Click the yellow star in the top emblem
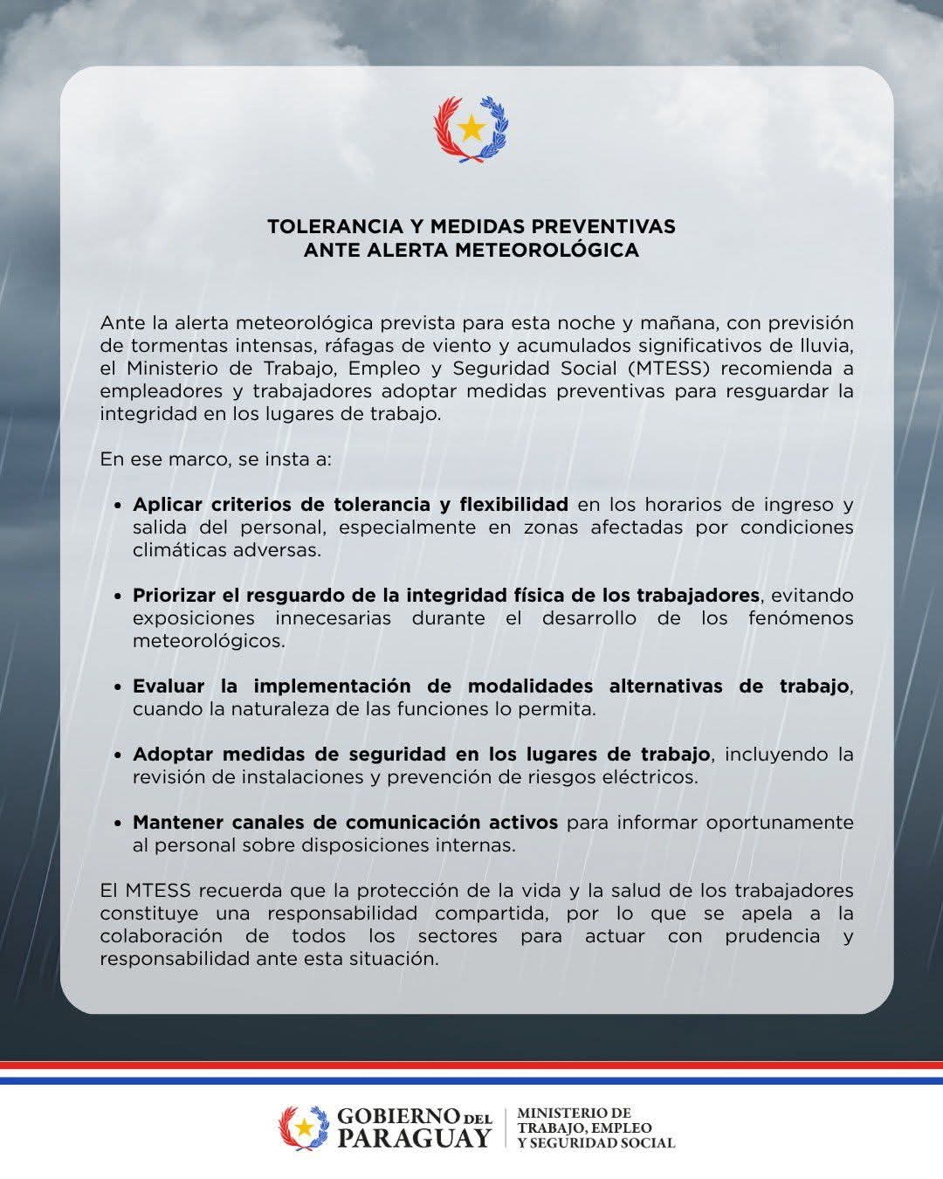coord(471,128)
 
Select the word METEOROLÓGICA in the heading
coord(548,250)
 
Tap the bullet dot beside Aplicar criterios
coord(118,507)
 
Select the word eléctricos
coord(650,777)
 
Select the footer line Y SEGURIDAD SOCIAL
coord(596,1142)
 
